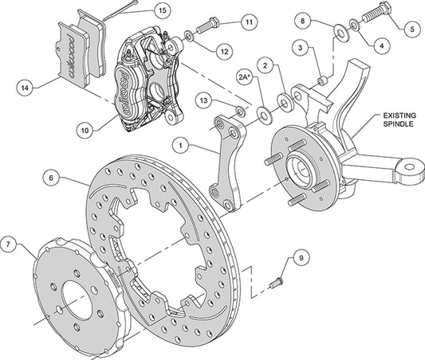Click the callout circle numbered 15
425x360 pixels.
click(162, 11)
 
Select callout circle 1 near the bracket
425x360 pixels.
click(183, 146)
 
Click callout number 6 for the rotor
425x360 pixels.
click(53, 179)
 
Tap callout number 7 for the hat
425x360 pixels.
click(10, 242)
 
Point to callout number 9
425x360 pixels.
click(301, 257)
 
